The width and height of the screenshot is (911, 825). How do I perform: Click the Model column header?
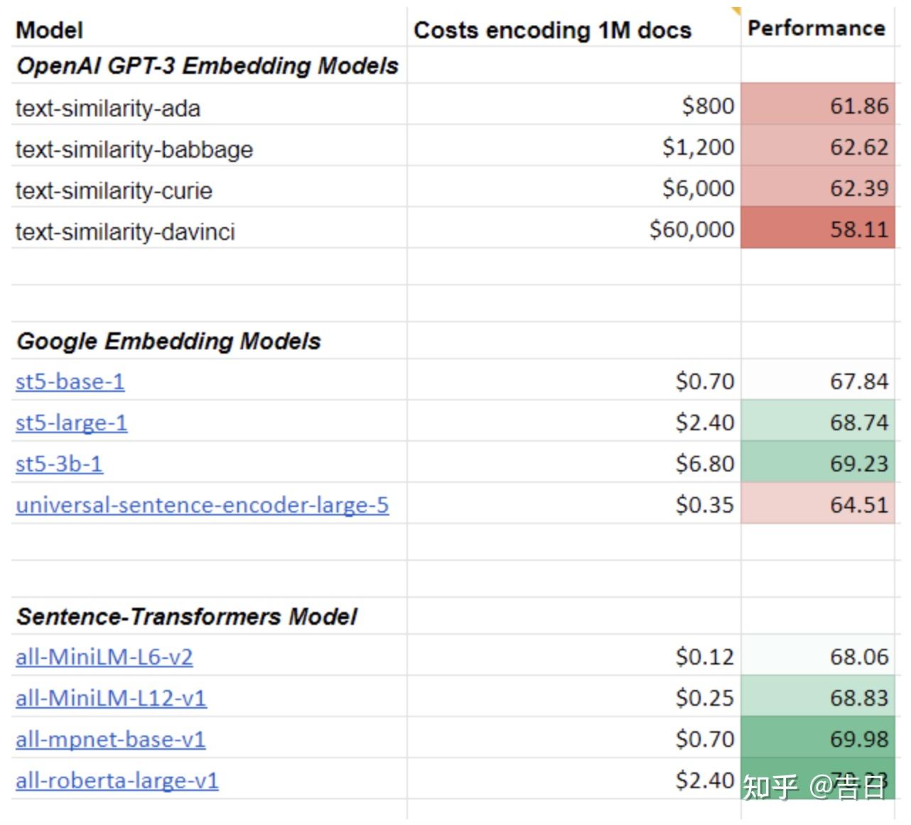tap(49, 31)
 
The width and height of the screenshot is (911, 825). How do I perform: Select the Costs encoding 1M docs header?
tap(552, 31)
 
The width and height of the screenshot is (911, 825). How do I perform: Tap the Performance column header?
tap(816, 28)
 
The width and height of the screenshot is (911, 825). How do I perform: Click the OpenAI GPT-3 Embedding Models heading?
tap(207, 66)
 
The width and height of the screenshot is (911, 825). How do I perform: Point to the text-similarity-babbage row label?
tap(134, 150)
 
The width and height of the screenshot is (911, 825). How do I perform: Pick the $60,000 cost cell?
tap(691, 229)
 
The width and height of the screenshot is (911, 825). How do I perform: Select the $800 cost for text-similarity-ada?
tap(708, 106)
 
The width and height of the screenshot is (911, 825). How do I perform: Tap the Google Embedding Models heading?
tap(168, 341)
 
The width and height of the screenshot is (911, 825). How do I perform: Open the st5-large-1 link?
tap(71, 423)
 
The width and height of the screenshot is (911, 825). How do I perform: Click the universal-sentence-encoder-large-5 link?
tap(202, 506)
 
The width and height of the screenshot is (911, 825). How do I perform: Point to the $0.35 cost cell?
tap(704, 506)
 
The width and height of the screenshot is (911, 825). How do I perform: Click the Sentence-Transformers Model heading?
tap(186, 616)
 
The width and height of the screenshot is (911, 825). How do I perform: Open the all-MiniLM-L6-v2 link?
tap(104, 657)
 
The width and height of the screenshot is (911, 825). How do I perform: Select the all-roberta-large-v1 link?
tap(117, 781)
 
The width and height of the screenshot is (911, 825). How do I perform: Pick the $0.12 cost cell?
tap(704, 657)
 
